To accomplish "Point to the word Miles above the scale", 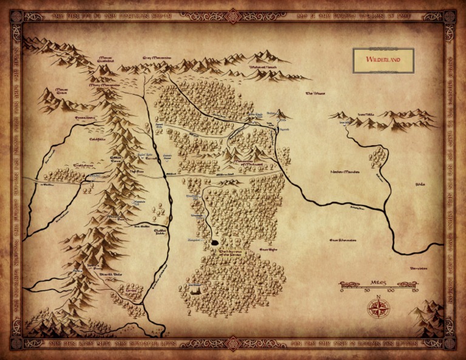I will pos(379,283).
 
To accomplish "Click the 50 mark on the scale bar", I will pos(366,290).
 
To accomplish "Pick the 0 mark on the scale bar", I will pos(342,290).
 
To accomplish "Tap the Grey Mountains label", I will pos(157,58).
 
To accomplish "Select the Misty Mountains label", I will pos(104,86).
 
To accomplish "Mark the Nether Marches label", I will pos(345,172).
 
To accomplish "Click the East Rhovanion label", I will pos(342,240).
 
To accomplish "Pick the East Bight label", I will pos(268,249).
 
